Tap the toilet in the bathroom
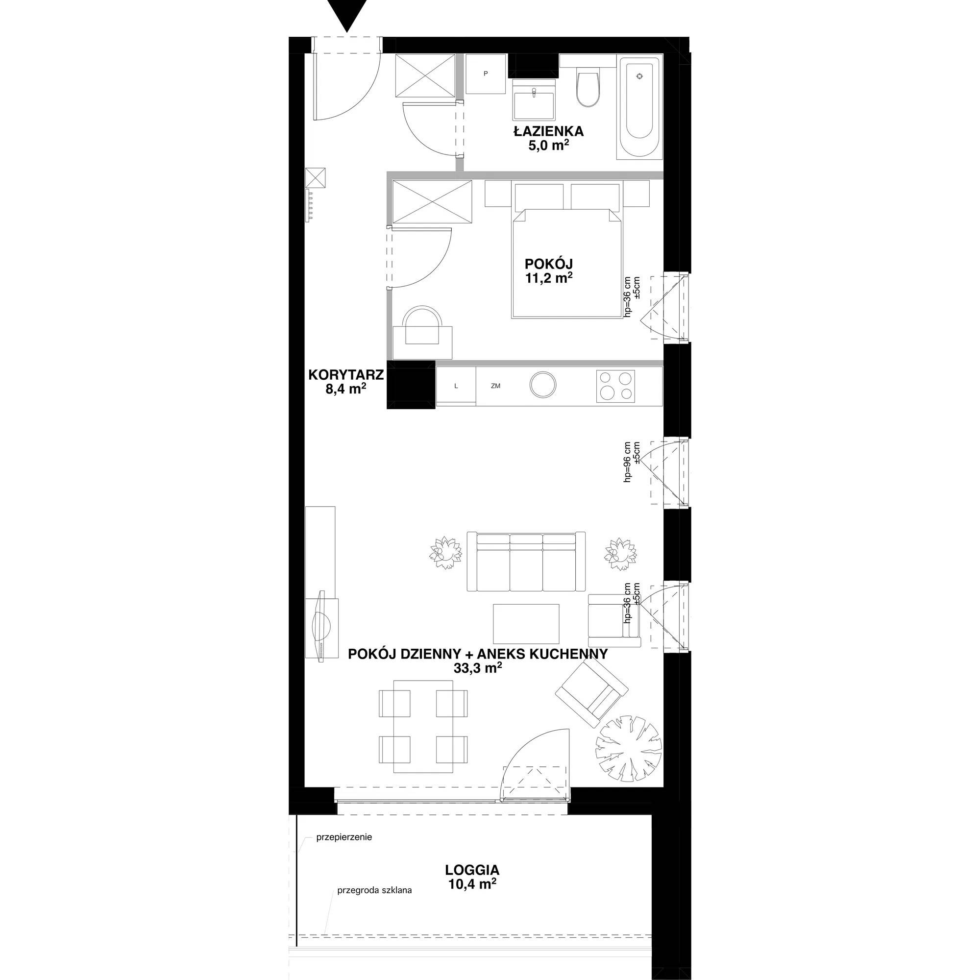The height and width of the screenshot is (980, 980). (x=588, y=87)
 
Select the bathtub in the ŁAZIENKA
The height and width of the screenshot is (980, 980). (x=639, y=107)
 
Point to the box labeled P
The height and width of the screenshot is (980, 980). (x=486, y=74)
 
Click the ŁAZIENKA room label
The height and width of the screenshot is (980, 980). (x=548, y=131)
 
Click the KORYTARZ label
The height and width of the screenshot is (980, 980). (x=346, y=375)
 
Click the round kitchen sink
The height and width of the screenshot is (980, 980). (x=543, y=385)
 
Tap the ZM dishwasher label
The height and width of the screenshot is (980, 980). (x=495, y=386)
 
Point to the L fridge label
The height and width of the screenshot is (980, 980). (x=456, y=386)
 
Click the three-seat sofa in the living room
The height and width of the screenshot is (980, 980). (x=526, y=562)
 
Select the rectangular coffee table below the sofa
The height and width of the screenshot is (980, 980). (x=526, y=623)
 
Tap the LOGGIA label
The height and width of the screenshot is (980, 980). (x=472, y=870)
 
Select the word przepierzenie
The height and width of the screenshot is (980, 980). (x=344, y=837)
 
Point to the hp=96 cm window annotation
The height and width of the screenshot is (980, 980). (x=628, y=461)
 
